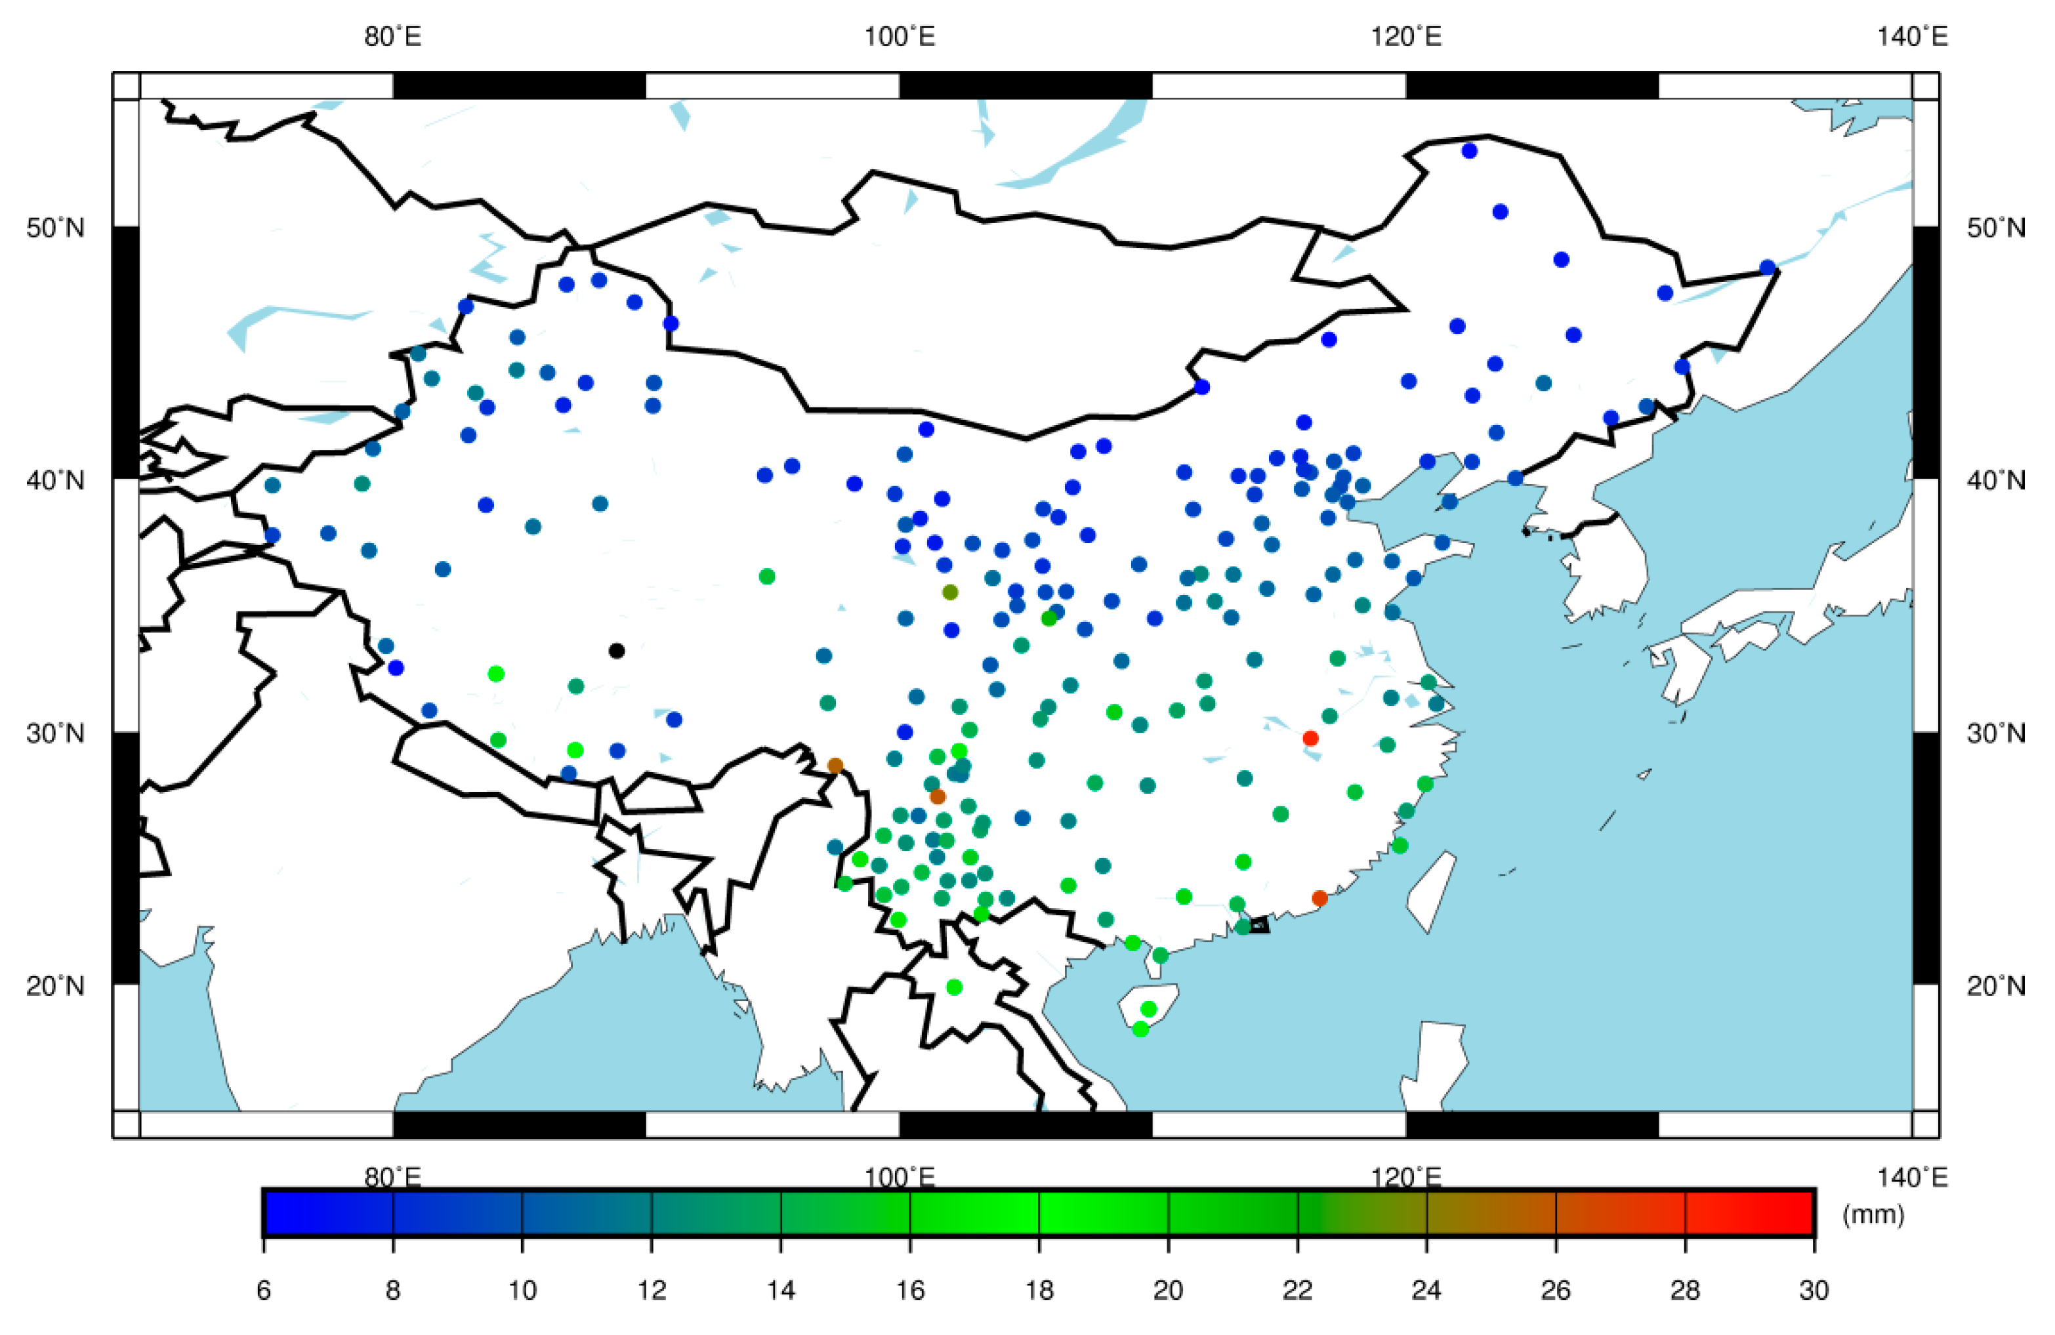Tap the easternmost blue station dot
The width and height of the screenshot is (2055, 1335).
tap(1768, 268)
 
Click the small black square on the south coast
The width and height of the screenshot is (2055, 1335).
tap(1260, 925)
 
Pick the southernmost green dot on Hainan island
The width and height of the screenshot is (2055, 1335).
tap(1140, 1029)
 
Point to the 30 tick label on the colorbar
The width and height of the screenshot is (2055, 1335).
tap(1814, 1290)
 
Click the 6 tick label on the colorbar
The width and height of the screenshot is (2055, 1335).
tap(263, 1290)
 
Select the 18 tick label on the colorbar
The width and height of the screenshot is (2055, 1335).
tap(1039, 1290)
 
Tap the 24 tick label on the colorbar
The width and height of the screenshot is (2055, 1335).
tap(1426, 1290)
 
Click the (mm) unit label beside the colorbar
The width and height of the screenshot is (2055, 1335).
tap(1873, 1214)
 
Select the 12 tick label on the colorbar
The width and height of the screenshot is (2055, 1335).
tap(652, 1290)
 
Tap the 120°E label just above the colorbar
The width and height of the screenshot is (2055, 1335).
tap(1405, 1178)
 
